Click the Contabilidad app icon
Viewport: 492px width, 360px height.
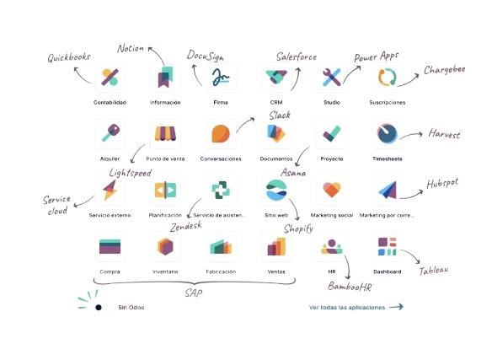[x=110, y=78]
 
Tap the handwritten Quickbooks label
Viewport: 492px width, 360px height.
[x=69, y=57]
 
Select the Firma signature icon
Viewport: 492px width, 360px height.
[x=221, y=78]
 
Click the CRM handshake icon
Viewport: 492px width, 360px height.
[x=276, y=78]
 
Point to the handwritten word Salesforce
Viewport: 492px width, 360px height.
[x=297, y=56]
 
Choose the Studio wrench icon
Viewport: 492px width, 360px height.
[x=332, y=78]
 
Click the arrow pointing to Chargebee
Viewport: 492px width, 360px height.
[x=408, y=80]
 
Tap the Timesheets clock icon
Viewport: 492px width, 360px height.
[x=388, y=133]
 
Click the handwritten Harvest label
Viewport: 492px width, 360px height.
[x=444, y=134]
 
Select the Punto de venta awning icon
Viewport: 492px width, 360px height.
[x=165, y=134]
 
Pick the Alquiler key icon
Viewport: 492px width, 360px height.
[x=110, y=133]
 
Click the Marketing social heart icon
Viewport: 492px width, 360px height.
[x=332, y=190]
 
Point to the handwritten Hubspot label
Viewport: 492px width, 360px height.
[x=442, y=184]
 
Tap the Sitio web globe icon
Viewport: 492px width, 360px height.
[x=276, y=190]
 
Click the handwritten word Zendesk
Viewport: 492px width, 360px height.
[x=185, y=226]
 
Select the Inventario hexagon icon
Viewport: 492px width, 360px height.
[x=165, y=246]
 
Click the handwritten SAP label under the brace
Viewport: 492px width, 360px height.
[x=194, y=293]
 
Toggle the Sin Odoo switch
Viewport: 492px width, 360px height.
[x=104, y=307]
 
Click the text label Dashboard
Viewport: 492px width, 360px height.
[x=388, y=271]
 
